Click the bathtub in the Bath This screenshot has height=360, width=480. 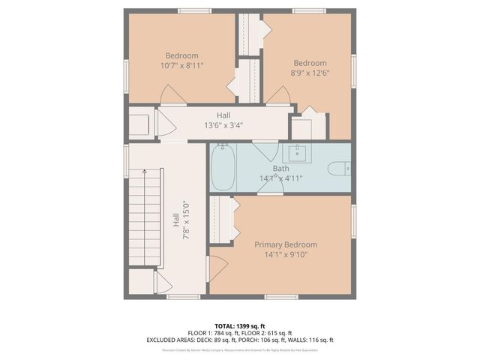click(x=222, y=167)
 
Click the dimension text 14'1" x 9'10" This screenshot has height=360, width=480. click(x=285, y=254)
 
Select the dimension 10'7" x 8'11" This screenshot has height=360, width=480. click(x=181, y=65)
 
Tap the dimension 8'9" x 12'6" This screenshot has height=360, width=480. click(x=310, y=73)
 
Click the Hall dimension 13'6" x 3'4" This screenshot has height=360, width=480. click(x=223, y=125)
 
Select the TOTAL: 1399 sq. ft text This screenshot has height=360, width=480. click(x=240, y=326)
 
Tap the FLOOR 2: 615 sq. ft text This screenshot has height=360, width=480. click(x=268, y=333)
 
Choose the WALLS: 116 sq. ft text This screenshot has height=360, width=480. click(x=316, y=340)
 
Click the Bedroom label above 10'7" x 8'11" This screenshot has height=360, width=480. click(x=181, y=55)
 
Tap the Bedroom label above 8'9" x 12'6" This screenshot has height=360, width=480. click(x=310, y=63)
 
